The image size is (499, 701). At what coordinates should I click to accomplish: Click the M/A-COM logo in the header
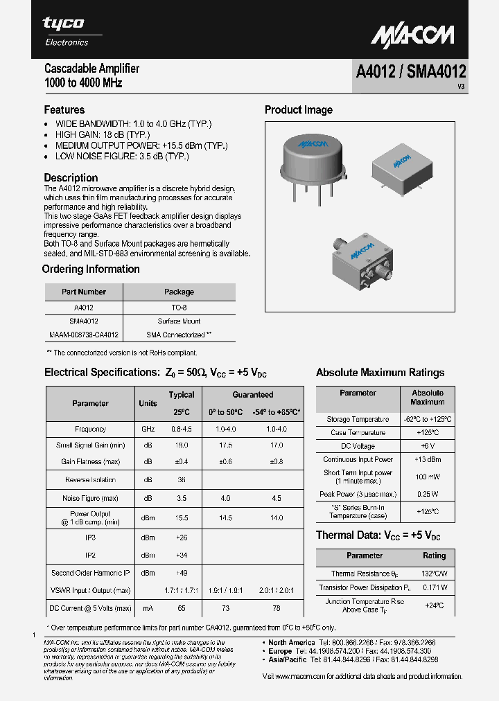point(412,35)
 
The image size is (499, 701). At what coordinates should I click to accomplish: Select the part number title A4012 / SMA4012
point(411,71)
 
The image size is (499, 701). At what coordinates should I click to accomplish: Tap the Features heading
point(64,109)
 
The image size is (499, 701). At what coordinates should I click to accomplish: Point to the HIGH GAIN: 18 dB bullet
point(102,134)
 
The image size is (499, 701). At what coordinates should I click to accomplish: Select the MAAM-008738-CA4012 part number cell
point(84,335)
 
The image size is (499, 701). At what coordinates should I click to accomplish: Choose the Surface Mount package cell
point(179,321)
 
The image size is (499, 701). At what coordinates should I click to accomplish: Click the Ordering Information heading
point(91,269)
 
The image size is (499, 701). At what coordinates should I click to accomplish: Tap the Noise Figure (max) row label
point(90,498)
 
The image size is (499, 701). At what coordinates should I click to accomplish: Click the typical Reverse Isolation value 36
point(182,479)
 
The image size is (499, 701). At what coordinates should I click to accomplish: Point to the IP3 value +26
point(182,537)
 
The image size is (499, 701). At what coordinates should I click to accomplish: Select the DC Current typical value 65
point(182,608)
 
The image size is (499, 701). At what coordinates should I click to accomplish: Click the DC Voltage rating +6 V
point(428,446)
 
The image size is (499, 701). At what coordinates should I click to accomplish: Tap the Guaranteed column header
point(252,395)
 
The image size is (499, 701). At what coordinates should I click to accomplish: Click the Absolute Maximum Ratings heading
point(380,373)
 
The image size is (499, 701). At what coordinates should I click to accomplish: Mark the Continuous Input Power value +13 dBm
point(428,459)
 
